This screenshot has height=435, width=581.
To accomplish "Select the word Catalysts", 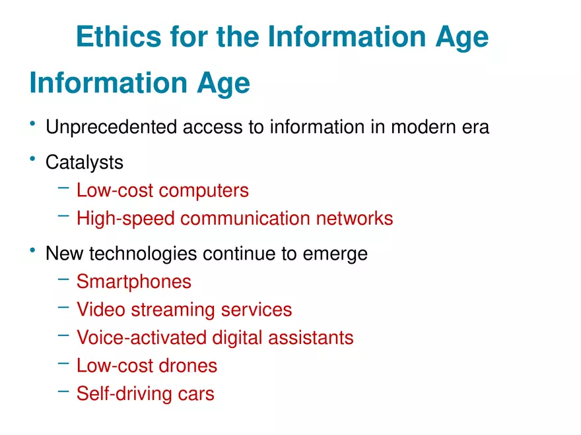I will point(85,162).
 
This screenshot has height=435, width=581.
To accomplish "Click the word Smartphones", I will point(134,282).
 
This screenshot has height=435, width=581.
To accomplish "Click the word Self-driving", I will point(118,394).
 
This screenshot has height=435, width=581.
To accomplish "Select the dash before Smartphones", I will point(63,279).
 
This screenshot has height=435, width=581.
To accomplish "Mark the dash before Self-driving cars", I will point(63,391).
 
